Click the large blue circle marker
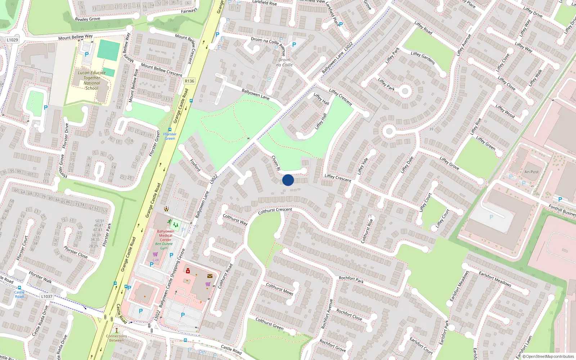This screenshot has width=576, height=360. pyautogui.click(x=288, y=180)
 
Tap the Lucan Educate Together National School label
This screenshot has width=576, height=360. pyautogui.click(x=92, y=80)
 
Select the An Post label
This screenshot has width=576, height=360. pyautogui.click(x=531, y=172)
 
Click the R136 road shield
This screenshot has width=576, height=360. pyautogui.click(x=189, y=81)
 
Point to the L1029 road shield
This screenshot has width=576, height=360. pyautogui.click(x=12, y=40)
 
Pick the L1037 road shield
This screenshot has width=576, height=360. pyautogui.click(x=47, y=297)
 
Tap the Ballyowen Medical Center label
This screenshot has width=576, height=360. pyautogui.click(x=166, y=235)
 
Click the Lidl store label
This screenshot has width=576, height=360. pyautogui.click(x=156, y=260)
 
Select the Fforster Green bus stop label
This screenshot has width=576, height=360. pyautogui.click(x=170, y=136)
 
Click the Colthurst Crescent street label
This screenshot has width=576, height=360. pyautogui.click(x=275, y=211)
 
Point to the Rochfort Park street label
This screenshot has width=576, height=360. pyautogui.click(x=351, y=279)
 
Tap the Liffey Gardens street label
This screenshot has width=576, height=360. pyautogui.click(x=423, y=58)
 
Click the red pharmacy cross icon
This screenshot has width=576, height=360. pyautogui.click(x=188, y=271)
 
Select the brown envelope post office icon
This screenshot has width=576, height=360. pyautogui.click(x=210, y=276)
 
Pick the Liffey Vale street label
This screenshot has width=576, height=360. pyautogui.click(x=363, y=166)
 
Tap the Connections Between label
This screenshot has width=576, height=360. pyautogui.click(x=117, y=338)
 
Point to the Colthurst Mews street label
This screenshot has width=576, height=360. pyautogui.click(x=279, y=289)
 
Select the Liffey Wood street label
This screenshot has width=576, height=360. pyautogui.click(x=505, y=111)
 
